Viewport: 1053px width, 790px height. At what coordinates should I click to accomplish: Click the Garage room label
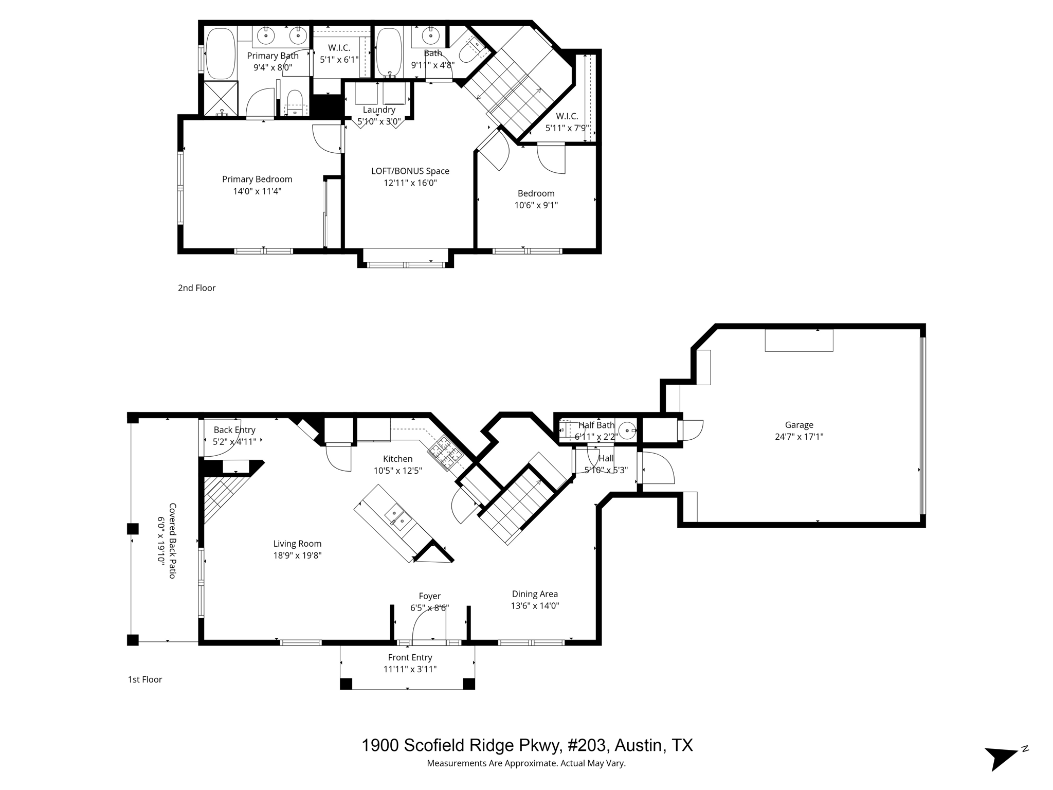[x=799, y=425]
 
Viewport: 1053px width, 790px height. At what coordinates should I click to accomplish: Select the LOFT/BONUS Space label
[x=410, y=171]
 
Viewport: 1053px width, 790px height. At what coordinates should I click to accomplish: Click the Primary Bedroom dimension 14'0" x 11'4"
[x=257, y=191]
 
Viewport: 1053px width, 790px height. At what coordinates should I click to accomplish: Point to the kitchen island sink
[x=397, y=517]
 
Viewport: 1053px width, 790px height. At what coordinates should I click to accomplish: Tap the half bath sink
[x=627, y=429]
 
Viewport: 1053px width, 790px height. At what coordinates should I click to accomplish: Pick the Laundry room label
[x=379, y=110]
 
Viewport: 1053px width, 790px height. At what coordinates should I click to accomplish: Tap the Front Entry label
[x=410, y=657]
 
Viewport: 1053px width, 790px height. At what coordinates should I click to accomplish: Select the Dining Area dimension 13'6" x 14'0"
[x=535, y=606]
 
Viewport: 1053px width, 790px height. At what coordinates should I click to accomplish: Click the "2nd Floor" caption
[x=196, y=288]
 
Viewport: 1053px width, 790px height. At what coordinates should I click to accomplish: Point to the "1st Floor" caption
[x=145, y=679]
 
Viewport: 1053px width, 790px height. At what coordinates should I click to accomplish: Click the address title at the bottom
[x=526, y=745]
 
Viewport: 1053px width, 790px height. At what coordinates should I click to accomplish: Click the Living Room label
[x=297, y=544]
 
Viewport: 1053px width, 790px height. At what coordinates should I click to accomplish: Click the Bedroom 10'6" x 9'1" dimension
[x=536, y=205]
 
